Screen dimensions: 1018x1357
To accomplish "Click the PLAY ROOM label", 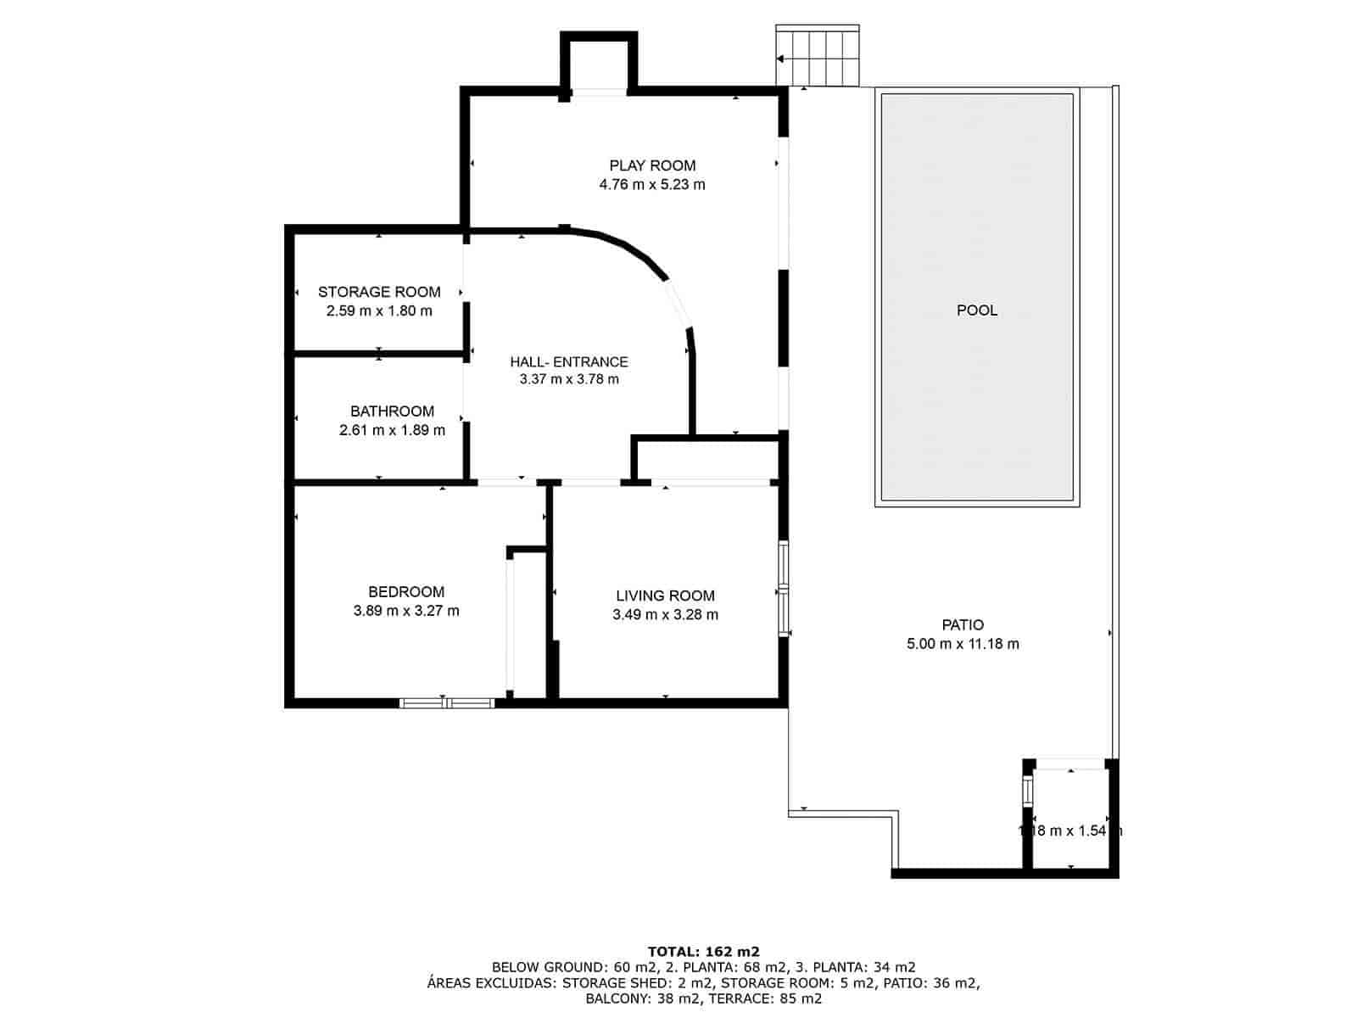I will [x=652, y=165].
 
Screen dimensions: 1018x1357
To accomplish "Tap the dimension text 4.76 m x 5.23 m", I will [x=652, y=184].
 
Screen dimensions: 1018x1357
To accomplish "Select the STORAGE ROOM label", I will [x=379, y=292].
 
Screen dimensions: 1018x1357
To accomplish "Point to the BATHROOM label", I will [x=392, y=411].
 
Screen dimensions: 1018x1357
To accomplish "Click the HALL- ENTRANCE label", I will [x=569, y=361].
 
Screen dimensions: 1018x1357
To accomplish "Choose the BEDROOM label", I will [x=406, y=592].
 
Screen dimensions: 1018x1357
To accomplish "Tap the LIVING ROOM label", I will [x=665, y=596].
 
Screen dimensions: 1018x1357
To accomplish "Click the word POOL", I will [x=977, y=310].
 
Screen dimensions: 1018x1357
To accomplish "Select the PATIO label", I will [x=963, y=625].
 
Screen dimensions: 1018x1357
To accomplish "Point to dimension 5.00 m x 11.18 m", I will [x=963, y=644].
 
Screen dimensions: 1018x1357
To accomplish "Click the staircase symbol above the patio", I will [x=818, y=57].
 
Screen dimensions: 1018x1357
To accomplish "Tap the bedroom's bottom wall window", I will [x=447, y=702].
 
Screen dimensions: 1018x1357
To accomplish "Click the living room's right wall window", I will [x=784, y=589].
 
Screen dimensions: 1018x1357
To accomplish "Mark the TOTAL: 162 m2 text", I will [x=703, y=951].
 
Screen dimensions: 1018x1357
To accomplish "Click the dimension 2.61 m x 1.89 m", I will [x=392, y=430].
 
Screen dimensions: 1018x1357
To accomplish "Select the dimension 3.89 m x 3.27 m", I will [x=406, y=611].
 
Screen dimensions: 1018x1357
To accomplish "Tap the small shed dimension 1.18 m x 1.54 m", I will [x=1069, y=831].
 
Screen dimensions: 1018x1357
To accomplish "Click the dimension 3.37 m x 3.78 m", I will [x=569, y=379].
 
